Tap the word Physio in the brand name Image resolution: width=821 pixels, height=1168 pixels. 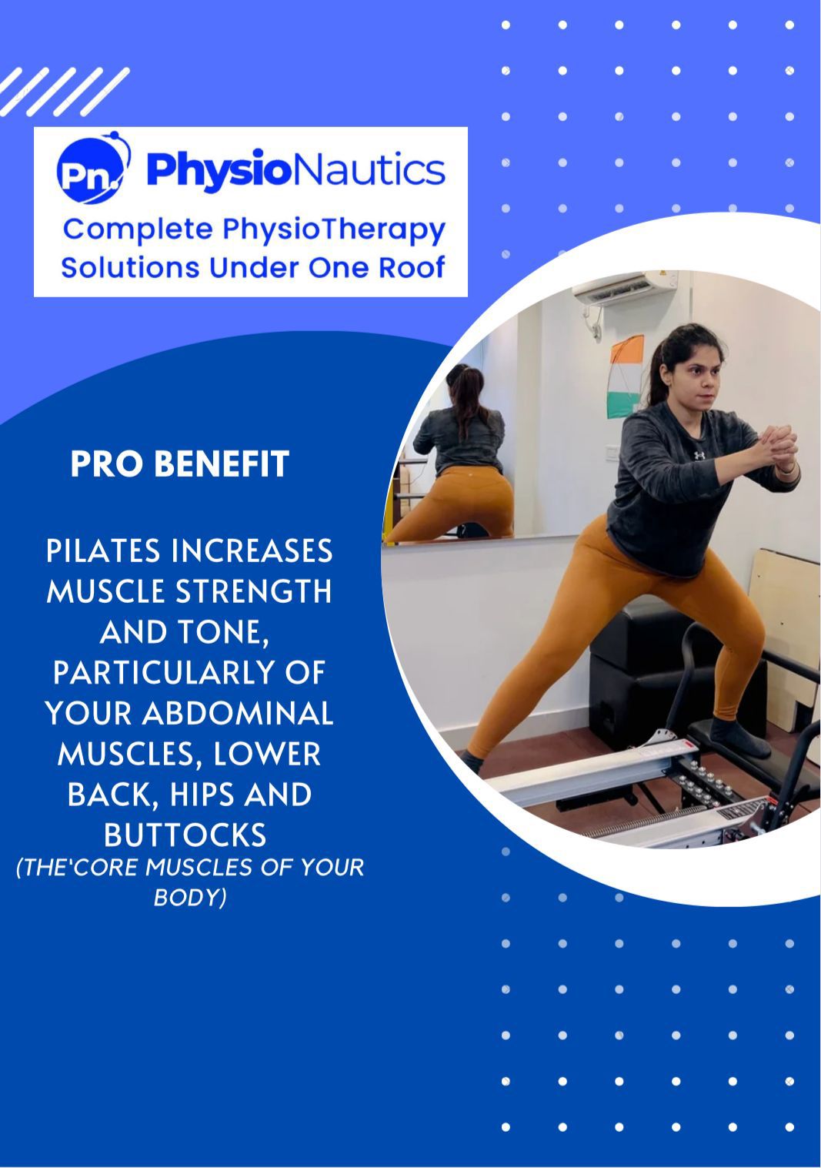point(219,170)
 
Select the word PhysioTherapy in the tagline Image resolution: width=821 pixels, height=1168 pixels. point(333,231)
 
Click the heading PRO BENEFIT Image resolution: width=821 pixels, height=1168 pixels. point(180,464)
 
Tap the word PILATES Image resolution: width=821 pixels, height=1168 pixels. point(102,551)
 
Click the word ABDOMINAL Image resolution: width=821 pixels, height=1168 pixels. point(238,713)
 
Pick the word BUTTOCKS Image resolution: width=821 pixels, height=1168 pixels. point(185,835)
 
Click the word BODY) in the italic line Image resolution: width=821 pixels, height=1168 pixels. point(190,898)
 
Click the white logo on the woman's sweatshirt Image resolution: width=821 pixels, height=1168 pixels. point(699,455)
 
